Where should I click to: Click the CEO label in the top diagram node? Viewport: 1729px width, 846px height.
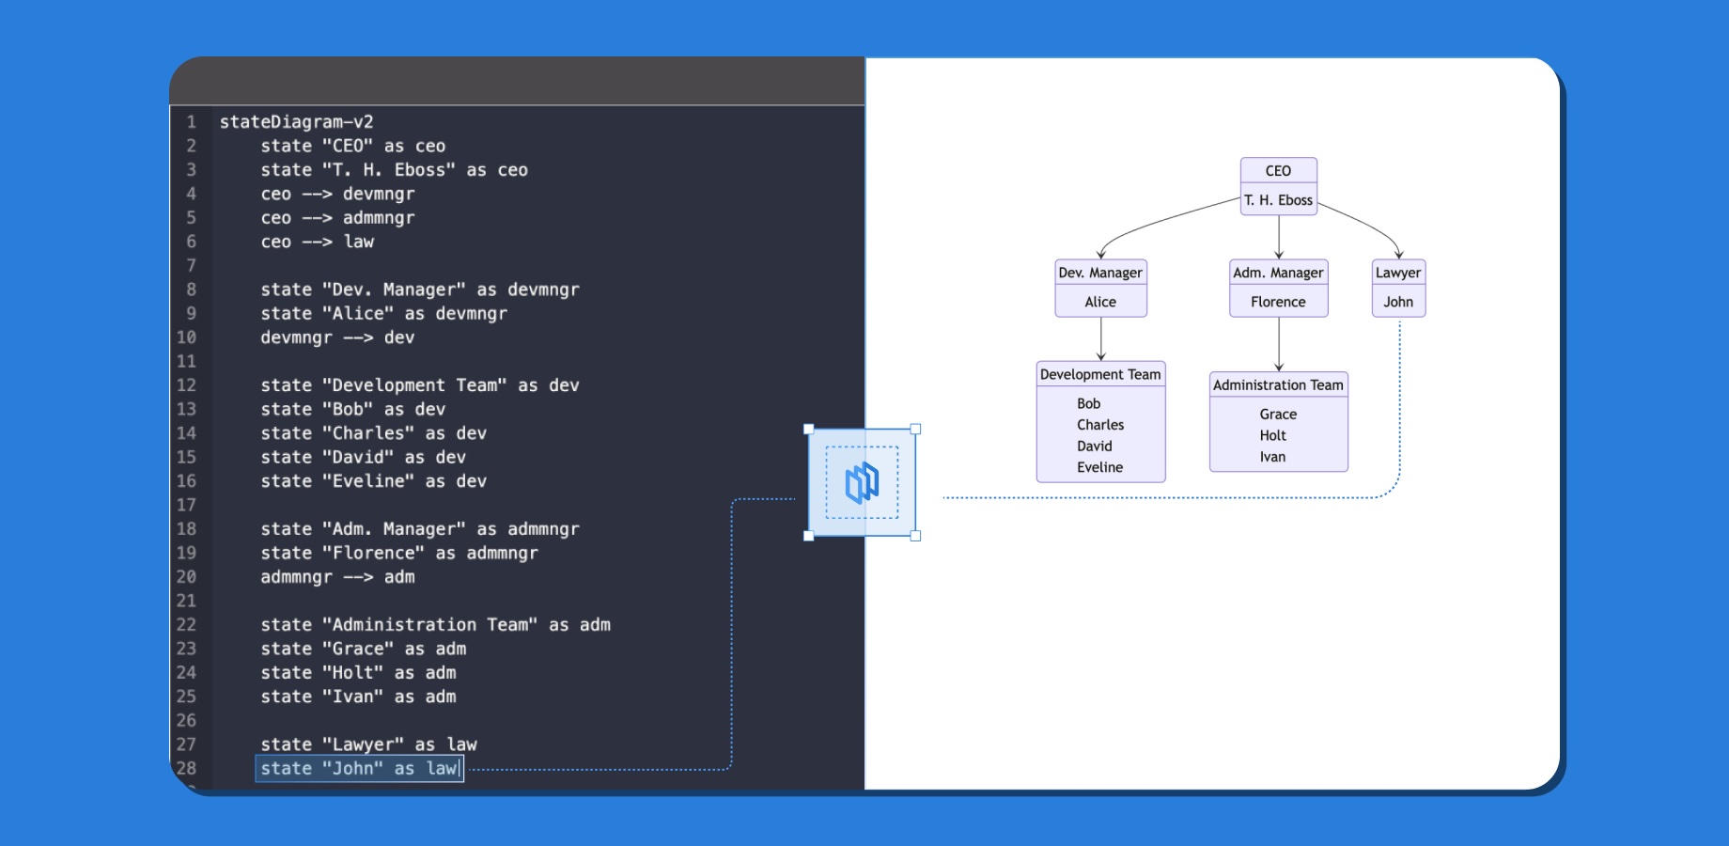pyautogui.click(x=1278, y=171)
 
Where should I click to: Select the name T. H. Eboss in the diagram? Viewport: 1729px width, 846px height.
pyautogui.click(x=1278, y=200)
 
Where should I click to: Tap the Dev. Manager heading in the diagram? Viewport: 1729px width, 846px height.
pyautogui.click(x=1100, y=273)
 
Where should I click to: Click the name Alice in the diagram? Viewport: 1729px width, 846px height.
pyautogui.click(x=1100, y=302)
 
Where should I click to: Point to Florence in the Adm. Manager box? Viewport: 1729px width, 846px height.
pyautogui.click(x=1278, y=302)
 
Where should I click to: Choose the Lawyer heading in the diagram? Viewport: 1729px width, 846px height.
pyautogui.click(x=1398, y=273)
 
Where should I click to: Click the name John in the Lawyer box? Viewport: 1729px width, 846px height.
pyautogui.click(x=1398, y=302)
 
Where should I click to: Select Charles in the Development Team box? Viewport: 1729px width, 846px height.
pyautogui.click(x=1100, y=425)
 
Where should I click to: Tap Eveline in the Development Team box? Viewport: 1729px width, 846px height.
pyautogui.click(x=1099, y=467)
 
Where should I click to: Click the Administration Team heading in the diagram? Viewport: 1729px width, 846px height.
pyautogui.click(x=1278, y=384)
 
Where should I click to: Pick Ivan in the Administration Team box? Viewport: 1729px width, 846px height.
pyautogui.click(x=1272, y=457)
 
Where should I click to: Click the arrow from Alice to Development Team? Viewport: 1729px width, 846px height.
pyautogui.click(x=1100, y=339)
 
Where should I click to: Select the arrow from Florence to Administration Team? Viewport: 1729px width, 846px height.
pyautogui.click(x=1278, y=344)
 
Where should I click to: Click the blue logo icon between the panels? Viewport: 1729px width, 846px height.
pyautogui.click(x=862, y=483)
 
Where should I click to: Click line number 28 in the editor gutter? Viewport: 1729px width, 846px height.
pyautogui.click(x=186, y=768)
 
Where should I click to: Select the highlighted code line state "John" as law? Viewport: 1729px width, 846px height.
pyautogui.click(x=359, y=769)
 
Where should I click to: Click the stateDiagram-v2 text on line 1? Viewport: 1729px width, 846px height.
pyautogui.click(x=296, y=122)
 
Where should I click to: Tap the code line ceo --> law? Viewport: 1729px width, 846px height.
pyautogui.click(x=317, y=242)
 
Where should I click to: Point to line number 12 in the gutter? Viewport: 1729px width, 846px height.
pyautogui.click(x=186, y=385)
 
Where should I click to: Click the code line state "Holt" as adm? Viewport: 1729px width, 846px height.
pyautogui.click(x=358, y=673)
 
